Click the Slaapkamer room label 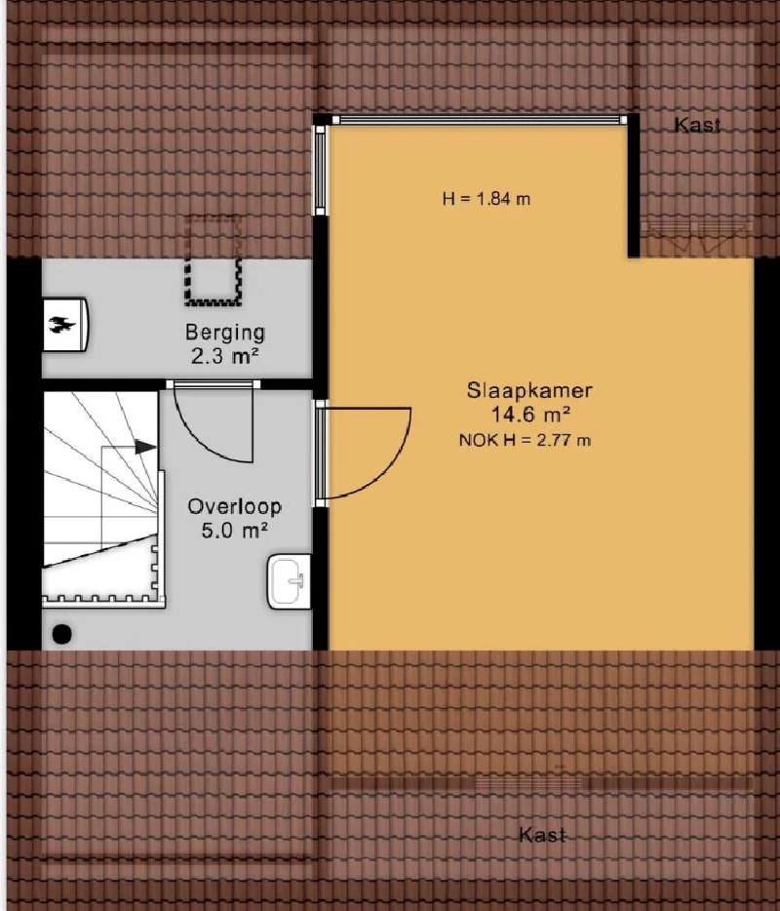point(529,390)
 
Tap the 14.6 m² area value point(530,415)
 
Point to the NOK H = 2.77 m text point(525,441)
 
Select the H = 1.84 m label point(487,199)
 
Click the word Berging point(225,333)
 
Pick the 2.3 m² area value point(225,356)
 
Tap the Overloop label point(235,506)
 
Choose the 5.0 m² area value point(235,531)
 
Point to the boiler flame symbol point(61,325)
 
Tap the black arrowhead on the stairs point(146,447)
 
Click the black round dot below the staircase point(62,633)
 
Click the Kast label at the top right point(697,125)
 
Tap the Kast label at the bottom point(542,835)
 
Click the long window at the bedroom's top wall point(480,120)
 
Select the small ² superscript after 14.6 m point(565,409)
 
